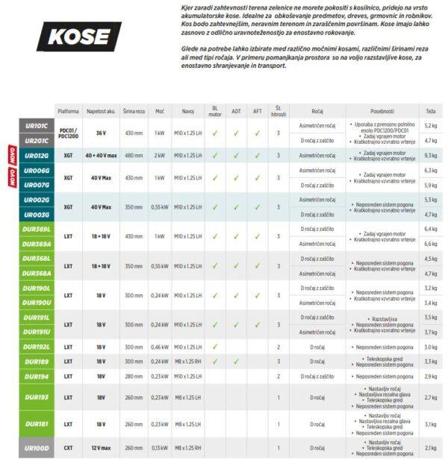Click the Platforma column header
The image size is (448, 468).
point(68,111)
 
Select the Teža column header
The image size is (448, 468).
point(430,111)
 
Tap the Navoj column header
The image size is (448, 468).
point(187,111)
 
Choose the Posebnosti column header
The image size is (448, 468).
point(380,111)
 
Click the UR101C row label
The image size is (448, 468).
point(36,126)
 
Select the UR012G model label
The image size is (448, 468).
point(36,156)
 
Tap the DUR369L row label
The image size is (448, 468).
point(36,229)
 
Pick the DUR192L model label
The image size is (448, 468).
point(36,347)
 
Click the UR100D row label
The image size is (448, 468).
point(36,448)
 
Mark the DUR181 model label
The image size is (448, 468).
point(36,424)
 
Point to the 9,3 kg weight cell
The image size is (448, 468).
point(430,156)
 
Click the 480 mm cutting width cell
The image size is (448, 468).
point(134,156)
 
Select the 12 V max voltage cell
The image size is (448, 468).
point(101,448)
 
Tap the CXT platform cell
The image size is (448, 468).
point(68,448)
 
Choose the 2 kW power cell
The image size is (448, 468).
point(159,156)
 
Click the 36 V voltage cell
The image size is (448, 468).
point(101,133)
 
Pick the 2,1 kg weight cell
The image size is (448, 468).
point(430,448)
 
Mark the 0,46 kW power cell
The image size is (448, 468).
point(159,347)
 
